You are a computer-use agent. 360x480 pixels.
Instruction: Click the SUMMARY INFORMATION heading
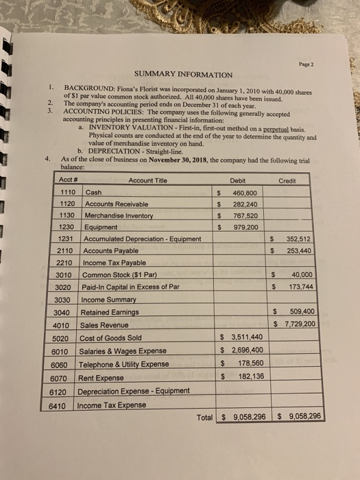(x=183, y=74)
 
